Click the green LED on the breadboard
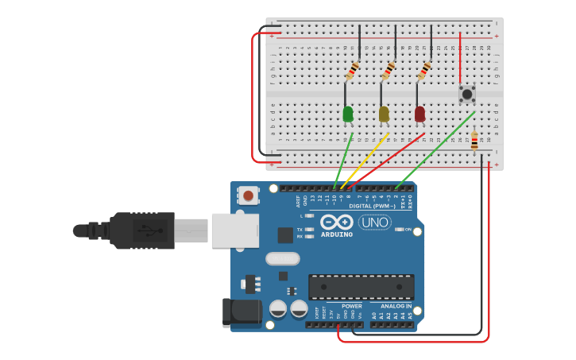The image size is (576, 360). (347, 114)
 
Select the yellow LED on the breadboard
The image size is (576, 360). (384, 114)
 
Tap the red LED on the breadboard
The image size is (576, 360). (419, 114)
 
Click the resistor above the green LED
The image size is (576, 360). (353, 71)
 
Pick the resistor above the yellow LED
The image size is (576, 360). (389, 71)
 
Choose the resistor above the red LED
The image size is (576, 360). (425, 71)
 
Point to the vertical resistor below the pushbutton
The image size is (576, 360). (474, 141)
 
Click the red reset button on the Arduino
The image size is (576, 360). (249, 195)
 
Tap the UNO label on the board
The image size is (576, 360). (374, 223)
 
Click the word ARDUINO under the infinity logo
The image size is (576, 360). (337, 234)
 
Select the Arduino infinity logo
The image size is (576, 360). (337, 223)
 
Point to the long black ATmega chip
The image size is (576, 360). (361, 286)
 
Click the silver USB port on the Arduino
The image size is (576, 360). (234, 230)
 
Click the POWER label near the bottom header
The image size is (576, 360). (351, 306)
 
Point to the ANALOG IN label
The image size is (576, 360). (396, 306)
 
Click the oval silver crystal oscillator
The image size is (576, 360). (282, 258)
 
